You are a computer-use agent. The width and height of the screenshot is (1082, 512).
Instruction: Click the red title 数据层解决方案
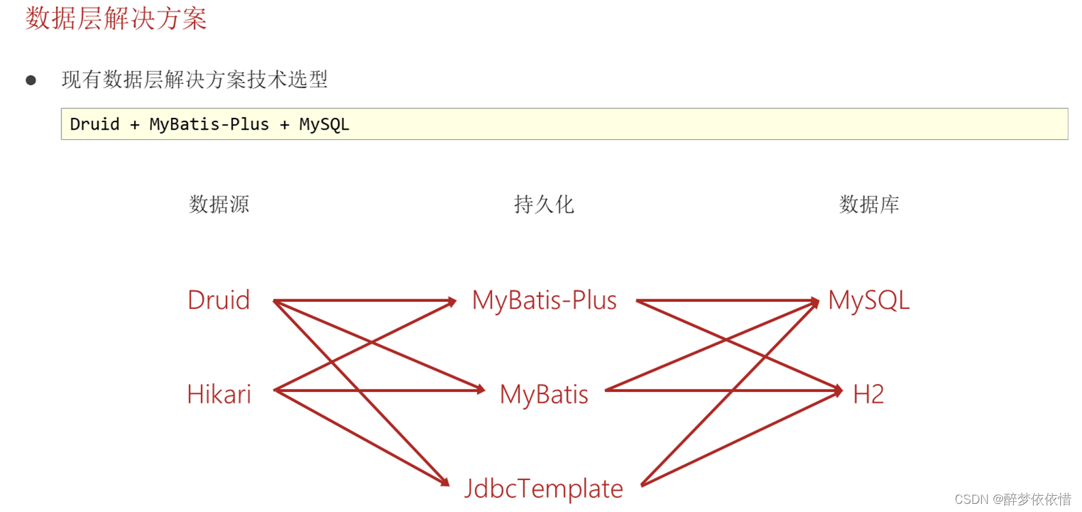(x=116, y=18)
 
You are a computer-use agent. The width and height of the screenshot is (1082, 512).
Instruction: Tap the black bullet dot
(x=31, y=80)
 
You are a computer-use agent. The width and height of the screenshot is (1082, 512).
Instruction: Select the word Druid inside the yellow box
(x=95, y=124)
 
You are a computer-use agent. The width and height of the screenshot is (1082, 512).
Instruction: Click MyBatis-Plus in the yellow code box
(x=208, y=124)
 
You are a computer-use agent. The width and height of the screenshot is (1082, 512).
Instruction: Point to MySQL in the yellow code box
(x=324, y=124)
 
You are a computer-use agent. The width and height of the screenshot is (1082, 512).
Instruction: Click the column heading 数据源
(x=219, y=204)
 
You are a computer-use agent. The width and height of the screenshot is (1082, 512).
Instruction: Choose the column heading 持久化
(x=544, y=204)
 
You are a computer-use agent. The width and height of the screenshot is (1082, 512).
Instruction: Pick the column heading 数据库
(x=869, y=204)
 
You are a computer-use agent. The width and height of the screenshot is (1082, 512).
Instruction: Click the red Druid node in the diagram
(x=219, y=300)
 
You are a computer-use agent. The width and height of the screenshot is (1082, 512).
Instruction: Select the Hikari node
(x=219, y=394)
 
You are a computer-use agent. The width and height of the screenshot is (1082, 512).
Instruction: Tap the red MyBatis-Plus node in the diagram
(x=544, y=300)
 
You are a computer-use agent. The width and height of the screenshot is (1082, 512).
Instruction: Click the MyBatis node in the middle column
(x=544, y=394)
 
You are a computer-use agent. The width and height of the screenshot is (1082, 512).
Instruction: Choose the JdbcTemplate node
(x=544, y=488)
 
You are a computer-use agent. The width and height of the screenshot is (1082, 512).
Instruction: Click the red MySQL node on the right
(x=869, y=300)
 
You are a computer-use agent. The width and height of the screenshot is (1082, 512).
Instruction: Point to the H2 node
(x=869, y=394)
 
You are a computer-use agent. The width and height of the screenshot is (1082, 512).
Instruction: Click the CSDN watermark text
(x=1013, y=499)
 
